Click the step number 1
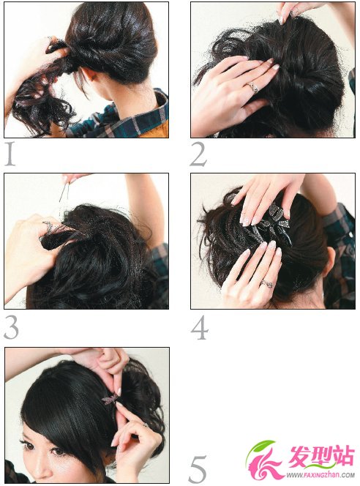[x=10, y=154]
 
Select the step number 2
[x=198, y=154]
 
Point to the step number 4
[x=200, y=327]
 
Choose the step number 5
[x=198, y=468]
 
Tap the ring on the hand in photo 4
[x=267, y=283]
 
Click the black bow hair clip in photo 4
[x=273, y=224]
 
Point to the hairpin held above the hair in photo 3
[x=64, y=192]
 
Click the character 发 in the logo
[x=299, y=455]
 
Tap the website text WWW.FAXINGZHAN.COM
[x=320, y=474]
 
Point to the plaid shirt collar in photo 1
[x=151, y=111]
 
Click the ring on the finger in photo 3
[x=49, y=226]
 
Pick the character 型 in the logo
[x=320, y=455]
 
